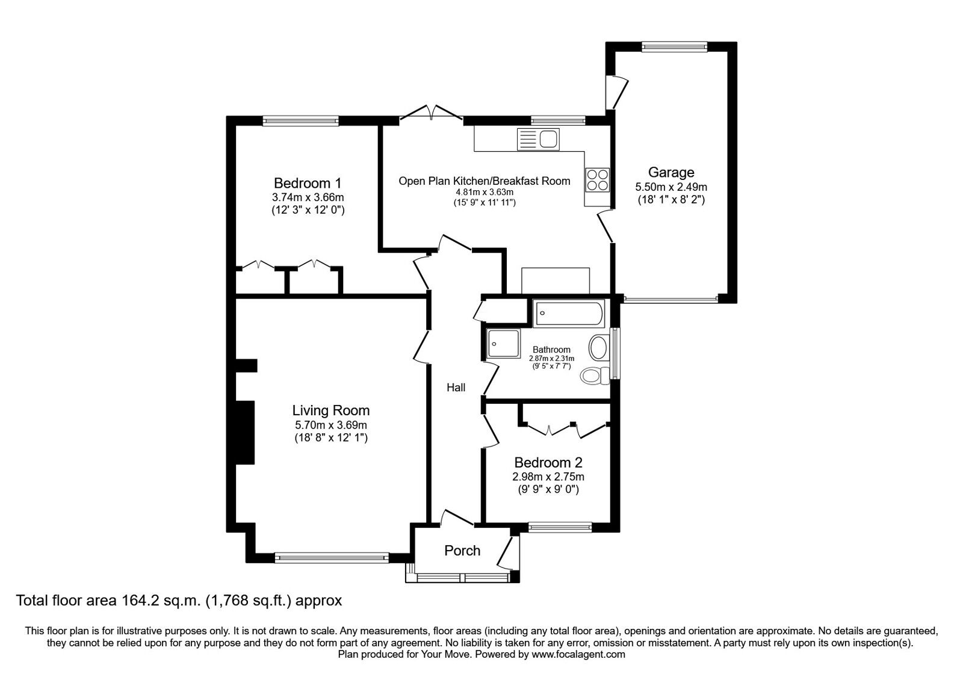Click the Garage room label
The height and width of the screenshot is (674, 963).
671,173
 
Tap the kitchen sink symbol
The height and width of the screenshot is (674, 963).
538,140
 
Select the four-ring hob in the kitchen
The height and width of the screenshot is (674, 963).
598,179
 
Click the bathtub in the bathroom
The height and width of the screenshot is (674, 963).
569,314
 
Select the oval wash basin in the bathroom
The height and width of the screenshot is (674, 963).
598,348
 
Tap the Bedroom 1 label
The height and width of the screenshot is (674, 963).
308,183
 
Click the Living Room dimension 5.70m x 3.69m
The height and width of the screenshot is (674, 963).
330,425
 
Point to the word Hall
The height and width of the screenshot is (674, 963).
456,388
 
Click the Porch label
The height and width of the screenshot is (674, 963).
462,551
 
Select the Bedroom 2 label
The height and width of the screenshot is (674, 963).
548,463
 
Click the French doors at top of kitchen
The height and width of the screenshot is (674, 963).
431,114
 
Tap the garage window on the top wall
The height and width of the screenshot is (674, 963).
673,46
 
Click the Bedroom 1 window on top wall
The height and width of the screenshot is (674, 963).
300,121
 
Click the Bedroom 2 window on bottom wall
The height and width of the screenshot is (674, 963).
560,527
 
